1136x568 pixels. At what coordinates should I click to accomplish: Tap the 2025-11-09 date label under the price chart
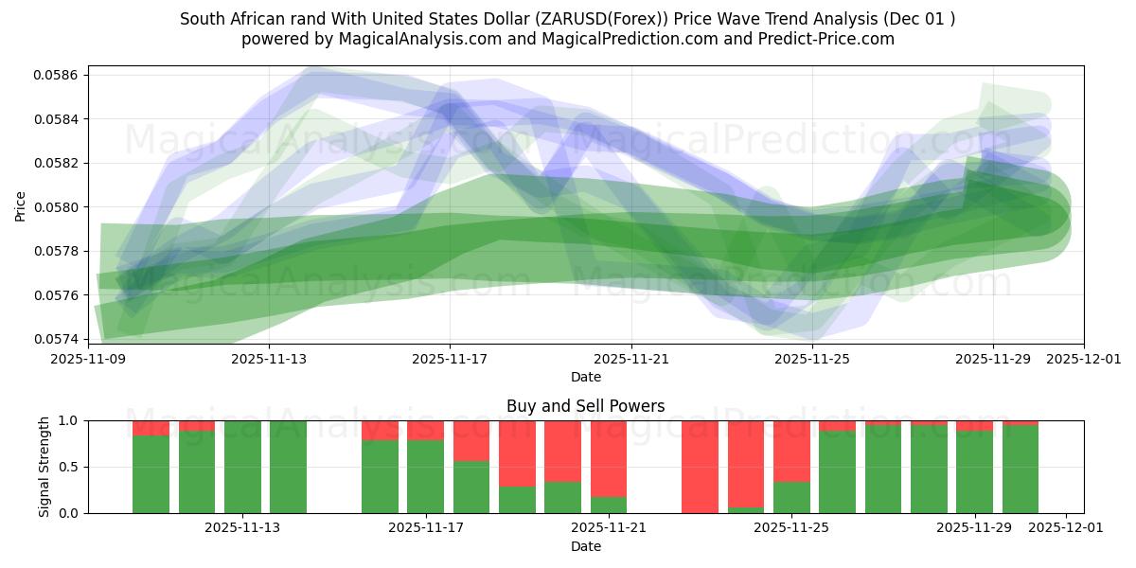pyautogui.click(x=87, y=360)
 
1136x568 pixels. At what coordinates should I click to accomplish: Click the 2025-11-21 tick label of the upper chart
pyautogui.click(x=630, y=360)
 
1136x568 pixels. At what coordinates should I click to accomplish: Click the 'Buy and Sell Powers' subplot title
pyautogui.click(x=585, y=406)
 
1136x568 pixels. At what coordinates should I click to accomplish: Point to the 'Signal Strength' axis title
pyautogui.click(x=44, y=467)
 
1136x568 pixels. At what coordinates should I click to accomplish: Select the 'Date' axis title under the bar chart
pyautogui.click(x=585, y=546)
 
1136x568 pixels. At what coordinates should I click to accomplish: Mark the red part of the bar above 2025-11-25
pyautogui.click(x=791, y=451)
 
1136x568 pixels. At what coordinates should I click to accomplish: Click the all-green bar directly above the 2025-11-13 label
pyautogui.click(x=242, y=467)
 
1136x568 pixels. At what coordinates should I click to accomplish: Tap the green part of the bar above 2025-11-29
pyautogui.click(x=974, y=471)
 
